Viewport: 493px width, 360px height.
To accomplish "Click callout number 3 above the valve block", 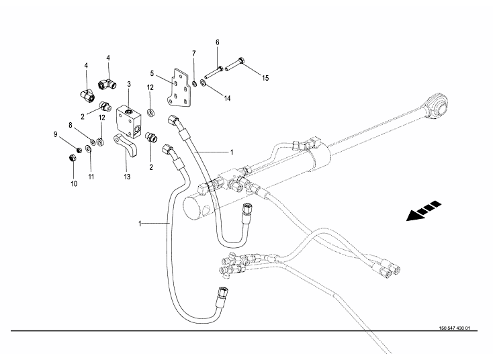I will [129, 85].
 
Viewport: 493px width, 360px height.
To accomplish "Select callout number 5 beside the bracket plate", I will [152, 74].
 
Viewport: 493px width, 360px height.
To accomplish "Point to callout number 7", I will [194, 53].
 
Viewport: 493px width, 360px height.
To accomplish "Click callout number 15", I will [265, 79].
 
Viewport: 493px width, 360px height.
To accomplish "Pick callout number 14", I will [227, 99].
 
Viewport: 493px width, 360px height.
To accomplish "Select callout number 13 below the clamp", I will [126, 177].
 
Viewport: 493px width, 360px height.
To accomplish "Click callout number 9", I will [56, 134].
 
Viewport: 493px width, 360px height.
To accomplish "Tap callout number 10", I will [73, 182].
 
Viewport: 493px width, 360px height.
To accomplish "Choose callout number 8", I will [70, 125].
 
